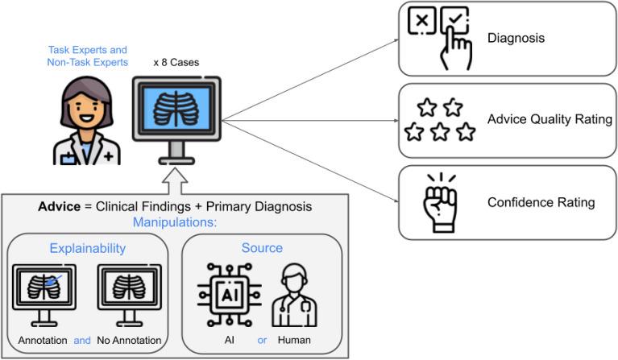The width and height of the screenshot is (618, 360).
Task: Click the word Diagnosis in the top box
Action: coord(515,38)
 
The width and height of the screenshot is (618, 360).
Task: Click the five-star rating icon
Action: coord(440,120)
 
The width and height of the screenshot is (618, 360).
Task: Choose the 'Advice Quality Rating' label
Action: coord(550,120)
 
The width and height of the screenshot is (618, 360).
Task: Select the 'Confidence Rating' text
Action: coord(541,202)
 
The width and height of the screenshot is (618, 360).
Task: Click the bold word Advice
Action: coord(57,207)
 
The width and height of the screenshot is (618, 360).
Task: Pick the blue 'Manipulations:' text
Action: coord(175,222)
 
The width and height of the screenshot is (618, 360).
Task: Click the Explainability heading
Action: coord(87,248)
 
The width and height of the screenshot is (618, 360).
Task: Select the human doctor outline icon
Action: coord(293,296)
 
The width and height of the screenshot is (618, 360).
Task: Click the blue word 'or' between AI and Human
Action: coord(261,340)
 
